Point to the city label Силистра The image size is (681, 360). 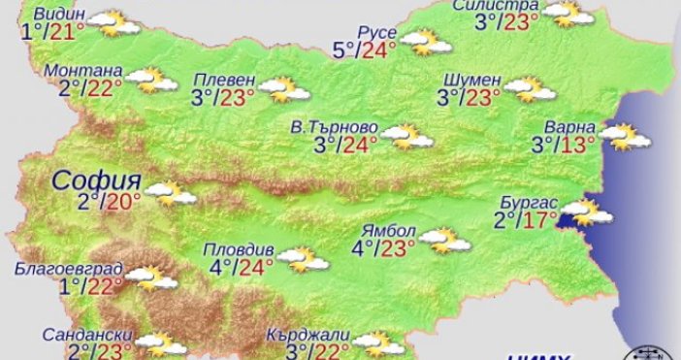pyautogui.click(x=495, y=8)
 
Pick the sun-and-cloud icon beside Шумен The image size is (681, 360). pyautogui.click(x=530, y=89)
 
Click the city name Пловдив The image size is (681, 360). pyautogui.click(x=243, y=246)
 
